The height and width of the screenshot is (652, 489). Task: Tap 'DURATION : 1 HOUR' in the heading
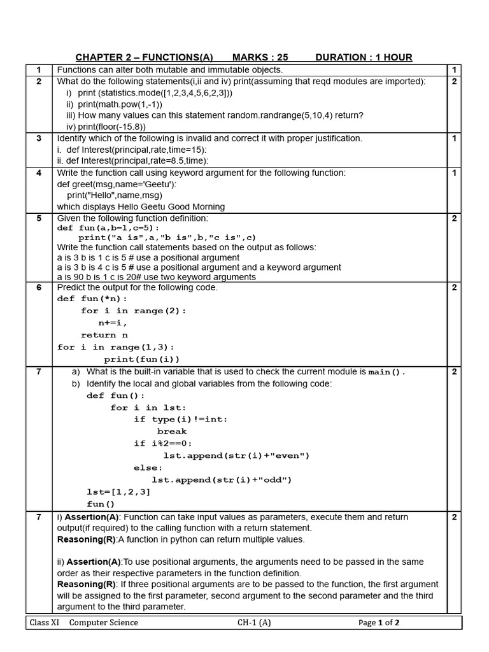tap(364, 57)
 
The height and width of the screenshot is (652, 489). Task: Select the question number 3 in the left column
tap(39, 138)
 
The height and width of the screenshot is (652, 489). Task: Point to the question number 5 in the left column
tap(39, 218)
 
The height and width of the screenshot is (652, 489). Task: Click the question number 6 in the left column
tap(39, 287)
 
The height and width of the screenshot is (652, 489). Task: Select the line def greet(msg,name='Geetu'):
tap(117, 184)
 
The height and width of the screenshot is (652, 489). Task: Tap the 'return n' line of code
tap(104, 335)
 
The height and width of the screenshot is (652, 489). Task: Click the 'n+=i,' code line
tap(113, 323)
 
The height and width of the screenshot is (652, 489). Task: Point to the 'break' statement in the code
tap(171, 431)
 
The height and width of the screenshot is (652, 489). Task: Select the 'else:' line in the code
tap(148, 467)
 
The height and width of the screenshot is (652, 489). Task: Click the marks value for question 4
tap(454, 173)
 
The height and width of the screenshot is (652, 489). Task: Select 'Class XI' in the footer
tap(45, 623)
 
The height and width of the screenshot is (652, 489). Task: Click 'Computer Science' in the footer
tap(103, 623)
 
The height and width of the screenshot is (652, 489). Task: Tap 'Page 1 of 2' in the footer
tap(379, 623)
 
